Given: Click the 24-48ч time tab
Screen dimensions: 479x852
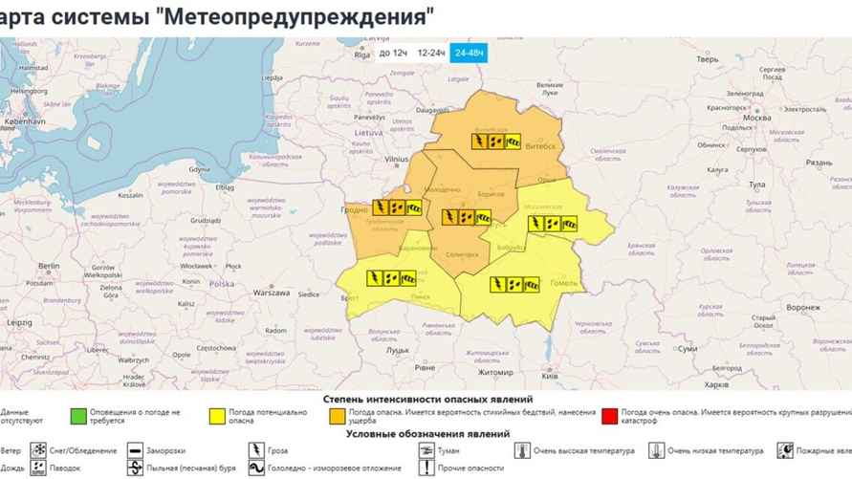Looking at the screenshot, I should click(469, 53).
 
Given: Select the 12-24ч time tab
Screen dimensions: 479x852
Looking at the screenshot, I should click(430, 53).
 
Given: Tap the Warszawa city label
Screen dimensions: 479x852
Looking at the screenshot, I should click(271, 293).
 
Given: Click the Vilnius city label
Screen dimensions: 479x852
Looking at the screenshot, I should click(396, 162).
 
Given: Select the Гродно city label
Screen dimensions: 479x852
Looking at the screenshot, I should click(353, 209).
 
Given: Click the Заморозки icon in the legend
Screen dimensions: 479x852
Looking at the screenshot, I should click(133, 450).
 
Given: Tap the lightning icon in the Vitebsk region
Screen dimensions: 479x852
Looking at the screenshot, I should click(478, 142).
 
